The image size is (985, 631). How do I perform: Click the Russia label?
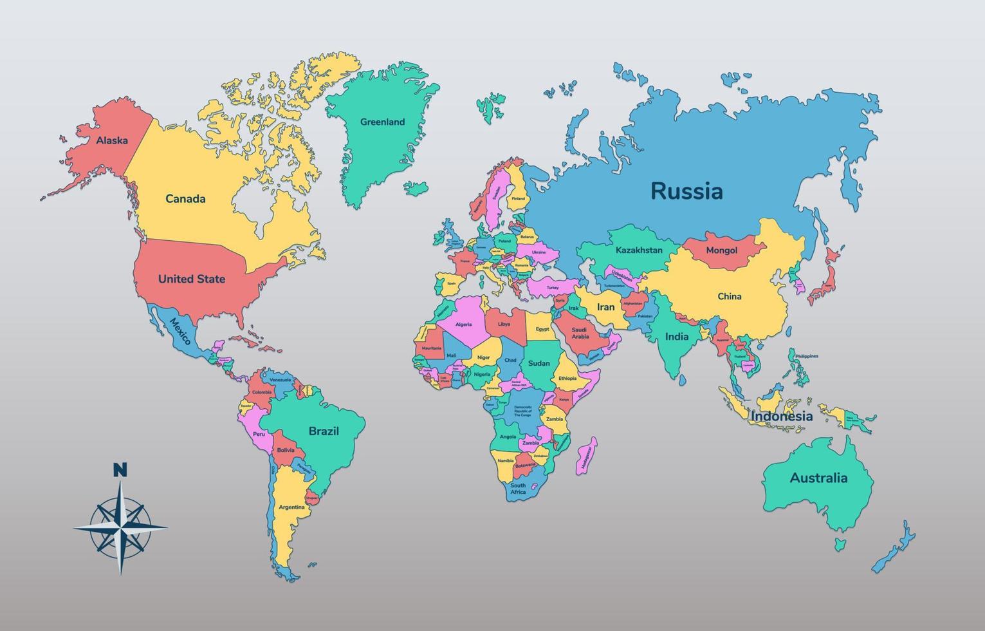coord(686,191)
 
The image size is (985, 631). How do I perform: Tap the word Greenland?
coord(382,122)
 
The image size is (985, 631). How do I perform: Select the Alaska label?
coord(112,140)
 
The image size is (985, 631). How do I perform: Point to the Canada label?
coord(185,198)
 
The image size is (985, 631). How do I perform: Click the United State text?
coord(192,279)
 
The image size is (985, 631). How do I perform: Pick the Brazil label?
coord(324,431)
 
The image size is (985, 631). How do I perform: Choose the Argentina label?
coord(291,507)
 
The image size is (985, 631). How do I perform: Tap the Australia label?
coord(818,478)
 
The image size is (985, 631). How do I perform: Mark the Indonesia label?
coord(781,416)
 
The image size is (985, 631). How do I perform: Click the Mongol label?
coord(721,250)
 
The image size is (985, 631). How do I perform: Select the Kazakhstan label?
coord(639,250)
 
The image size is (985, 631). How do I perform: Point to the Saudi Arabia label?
coord(580,333)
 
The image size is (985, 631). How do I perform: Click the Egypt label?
coord(542,329)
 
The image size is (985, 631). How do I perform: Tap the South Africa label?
coord(518,489)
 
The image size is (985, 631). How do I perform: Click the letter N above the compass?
coord(120,470)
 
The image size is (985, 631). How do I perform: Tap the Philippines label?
coord(806,356)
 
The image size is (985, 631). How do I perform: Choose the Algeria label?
coord(463,325)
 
